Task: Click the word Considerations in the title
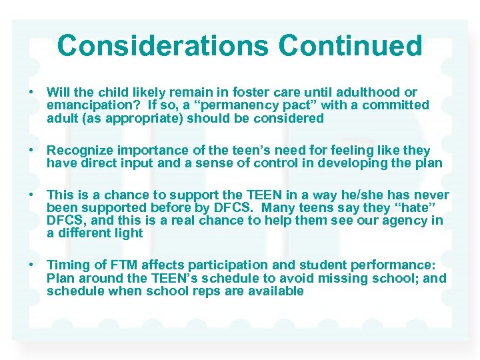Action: point(163,46)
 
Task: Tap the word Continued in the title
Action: point(350,46)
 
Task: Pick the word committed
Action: point(399,105)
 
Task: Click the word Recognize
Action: point(80,151)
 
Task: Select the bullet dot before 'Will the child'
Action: point(31,92)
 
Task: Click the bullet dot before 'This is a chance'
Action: point(31,195)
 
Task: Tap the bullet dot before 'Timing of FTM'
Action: point(31,265)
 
